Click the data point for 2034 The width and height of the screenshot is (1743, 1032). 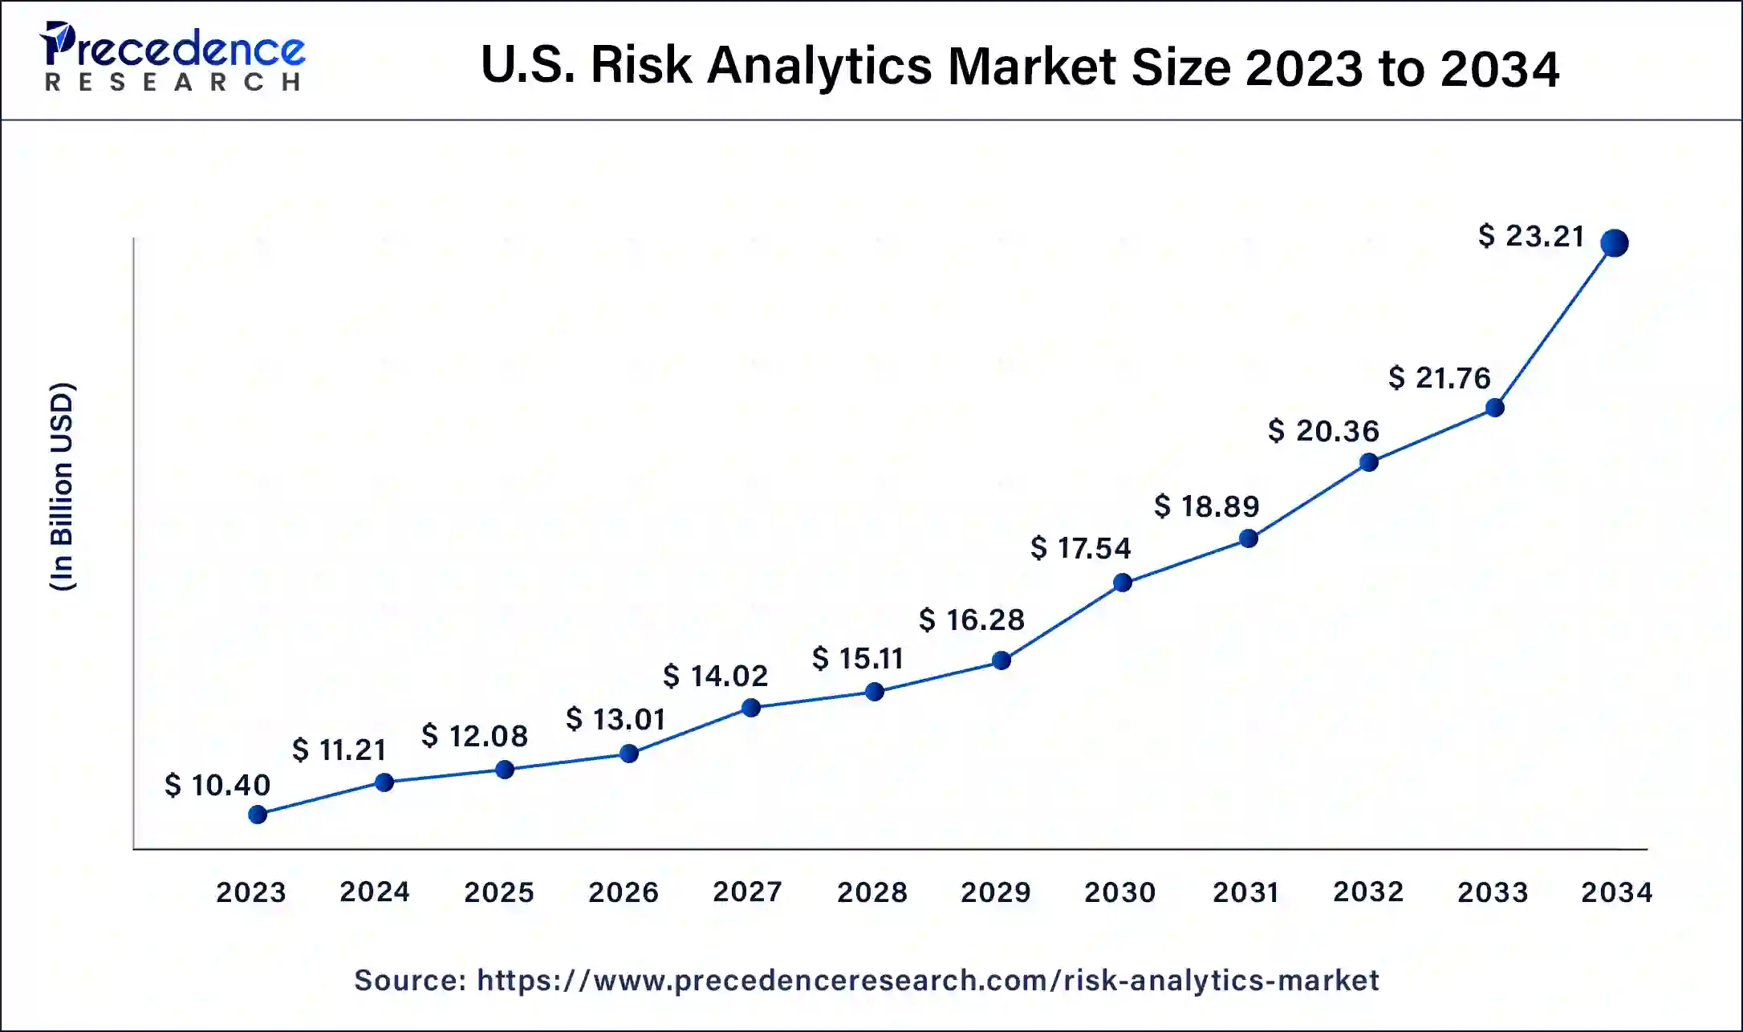[1614, 242]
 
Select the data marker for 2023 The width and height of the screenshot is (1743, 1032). [258, 815]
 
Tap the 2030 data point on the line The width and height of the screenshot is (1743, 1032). [1123, 583]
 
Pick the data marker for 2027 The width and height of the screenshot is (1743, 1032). [751, 708]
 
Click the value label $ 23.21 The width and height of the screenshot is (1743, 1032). [1531, 236]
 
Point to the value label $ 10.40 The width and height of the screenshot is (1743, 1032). [217, 785]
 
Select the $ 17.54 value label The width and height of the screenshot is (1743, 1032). [1081, 548]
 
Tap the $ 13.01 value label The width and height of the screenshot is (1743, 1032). [616, 719]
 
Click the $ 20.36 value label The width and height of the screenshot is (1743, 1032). [1324, 431]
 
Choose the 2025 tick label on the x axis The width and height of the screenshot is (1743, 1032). [498, 892]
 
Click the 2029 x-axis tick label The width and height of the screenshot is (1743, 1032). [995, 892]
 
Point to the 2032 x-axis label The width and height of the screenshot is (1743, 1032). [1368, 892]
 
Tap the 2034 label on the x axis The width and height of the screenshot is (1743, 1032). [1616, 892]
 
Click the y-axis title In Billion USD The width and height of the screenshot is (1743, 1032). [63, 487]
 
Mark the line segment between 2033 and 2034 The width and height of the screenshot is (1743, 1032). [1554, 325]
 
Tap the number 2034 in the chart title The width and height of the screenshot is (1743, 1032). [1499, 67]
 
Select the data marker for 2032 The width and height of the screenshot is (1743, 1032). [1369, 462]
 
